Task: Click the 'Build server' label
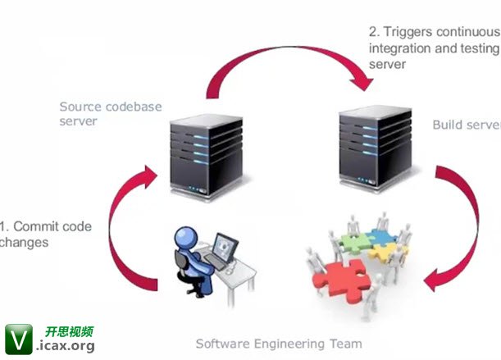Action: click(x=466, y=125)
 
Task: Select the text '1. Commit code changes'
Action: click(x=45, y=234)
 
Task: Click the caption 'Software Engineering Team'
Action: click(x=279, y=344)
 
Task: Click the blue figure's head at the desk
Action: click(x=184, y=238)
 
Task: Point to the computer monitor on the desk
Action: click(x=224, y=247)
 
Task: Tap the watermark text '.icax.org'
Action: click(x=65, y=346)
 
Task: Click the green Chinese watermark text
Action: click(x=69, y=331)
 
